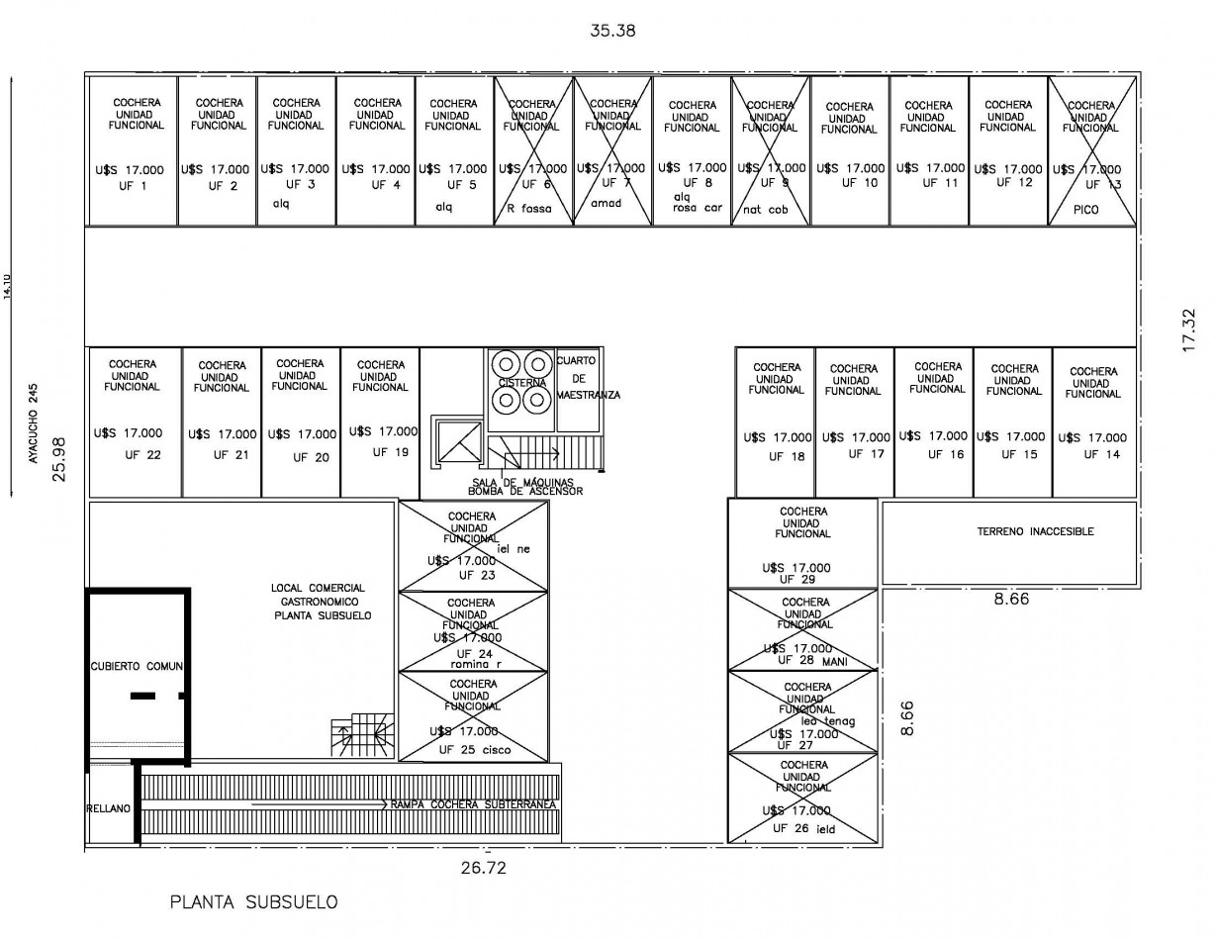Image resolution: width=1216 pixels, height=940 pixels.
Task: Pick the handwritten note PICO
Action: pyautogui.click(x=1085, y=210)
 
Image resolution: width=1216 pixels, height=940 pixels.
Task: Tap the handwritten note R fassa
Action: pyautogui.click(x=529, y=209)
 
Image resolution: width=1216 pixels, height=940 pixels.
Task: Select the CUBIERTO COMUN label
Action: pyautogui.click(x=138, y=666)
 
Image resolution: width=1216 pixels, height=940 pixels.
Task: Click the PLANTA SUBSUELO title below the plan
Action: pyautogui.click(x=253, y=901)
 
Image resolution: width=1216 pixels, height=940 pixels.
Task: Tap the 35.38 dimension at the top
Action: pyautogui.click(x=612, y=31)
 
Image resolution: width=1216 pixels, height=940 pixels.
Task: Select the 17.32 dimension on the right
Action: pyautogui.click(x=1189, y=329)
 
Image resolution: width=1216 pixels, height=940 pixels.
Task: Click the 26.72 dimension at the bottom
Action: pyautogui.click(x=486, y=869)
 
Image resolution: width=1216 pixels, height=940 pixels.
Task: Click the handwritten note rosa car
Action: pyautogui.click(x=698, y=208)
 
